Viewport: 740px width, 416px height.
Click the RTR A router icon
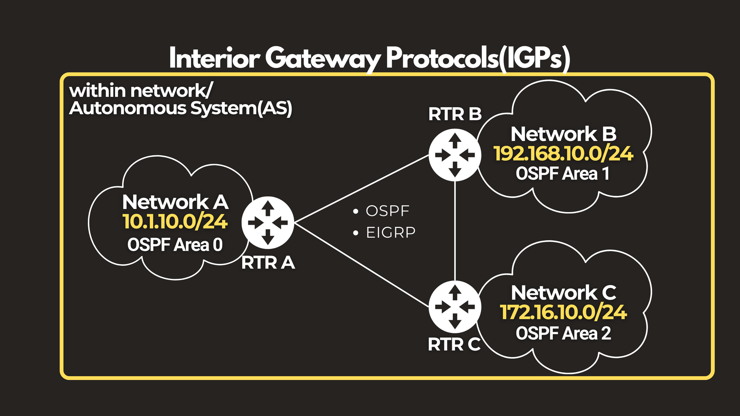268,223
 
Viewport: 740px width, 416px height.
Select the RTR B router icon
455,155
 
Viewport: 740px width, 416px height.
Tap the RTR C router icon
455,307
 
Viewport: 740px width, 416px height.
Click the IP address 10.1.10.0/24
175,221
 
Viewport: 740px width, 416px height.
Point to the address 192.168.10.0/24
563,154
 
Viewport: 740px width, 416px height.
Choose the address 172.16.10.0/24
563,312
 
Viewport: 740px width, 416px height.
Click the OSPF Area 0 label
175,245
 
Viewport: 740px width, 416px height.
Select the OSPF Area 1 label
562,174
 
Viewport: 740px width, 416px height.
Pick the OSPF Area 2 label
563,333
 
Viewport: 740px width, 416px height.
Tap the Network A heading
175,202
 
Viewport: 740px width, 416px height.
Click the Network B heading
564,134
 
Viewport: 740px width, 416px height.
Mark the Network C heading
564,293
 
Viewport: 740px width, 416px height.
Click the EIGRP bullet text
391,233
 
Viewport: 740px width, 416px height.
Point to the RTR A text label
268,263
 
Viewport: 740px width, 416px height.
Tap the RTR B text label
455,114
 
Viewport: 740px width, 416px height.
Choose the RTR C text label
454,344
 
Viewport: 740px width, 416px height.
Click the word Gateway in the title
322,59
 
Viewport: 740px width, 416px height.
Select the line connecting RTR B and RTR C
455,231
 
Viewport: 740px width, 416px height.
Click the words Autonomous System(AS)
181,108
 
